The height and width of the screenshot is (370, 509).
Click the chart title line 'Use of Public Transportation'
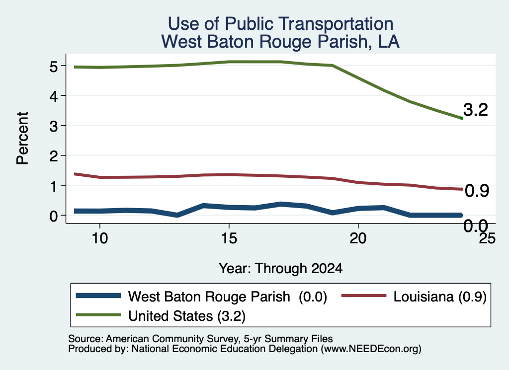tap(280, 24)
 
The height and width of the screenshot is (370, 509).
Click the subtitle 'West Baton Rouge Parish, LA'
tap(280, 42)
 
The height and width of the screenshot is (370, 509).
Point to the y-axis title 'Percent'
tap(22, 138)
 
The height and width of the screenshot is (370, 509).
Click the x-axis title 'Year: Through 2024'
tap(280, 269)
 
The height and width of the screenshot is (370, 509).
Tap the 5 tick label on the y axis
tap(54, 67)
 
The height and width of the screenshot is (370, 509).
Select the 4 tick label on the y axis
tap(54, 96)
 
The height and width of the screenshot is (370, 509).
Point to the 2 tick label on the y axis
tap(54, 156)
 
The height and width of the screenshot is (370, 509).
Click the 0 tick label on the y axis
tap(54, 216)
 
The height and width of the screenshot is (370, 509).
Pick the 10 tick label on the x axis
tap(100, 238)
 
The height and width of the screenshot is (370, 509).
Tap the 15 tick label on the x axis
tap(229, 238)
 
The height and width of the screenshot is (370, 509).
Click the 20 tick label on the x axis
tap(358, 238)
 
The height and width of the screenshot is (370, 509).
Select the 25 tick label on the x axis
tap(487, 238)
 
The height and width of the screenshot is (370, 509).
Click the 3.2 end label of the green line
tap(476, 110)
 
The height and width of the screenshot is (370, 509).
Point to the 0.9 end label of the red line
tap(477, 191)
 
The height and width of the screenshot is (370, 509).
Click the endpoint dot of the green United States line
tap(461, 118)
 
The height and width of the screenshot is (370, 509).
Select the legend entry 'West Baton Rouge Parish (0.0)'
tap(201, 296)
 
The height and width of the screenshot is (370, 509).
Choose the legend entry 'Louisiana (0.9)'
tap(414, 296)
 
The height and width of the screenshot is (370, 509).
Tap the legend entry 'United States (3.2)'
tap(161, 316)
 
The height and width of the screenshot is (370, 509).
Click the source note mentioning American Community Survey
tap(200, 339)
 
